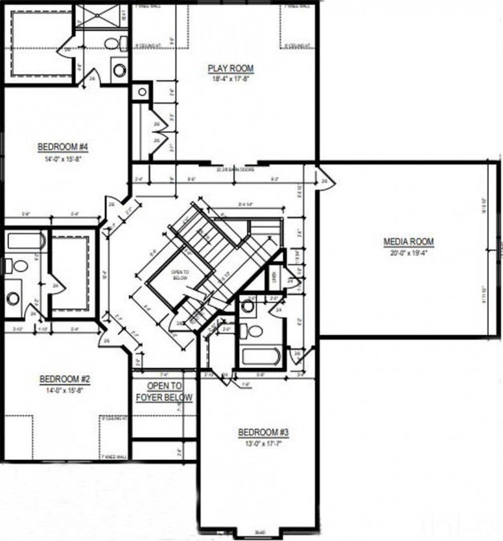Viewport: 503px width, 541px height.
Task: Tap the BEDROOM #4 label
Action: coord(62,147)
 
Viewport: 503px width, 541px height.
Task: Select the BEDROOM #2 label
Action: coord(63,378)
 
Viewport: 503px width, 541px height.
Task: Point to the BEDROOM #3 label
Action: coord(263,433)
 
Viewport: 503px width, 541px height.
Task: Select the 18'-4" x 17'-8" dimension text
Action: coord(231,79)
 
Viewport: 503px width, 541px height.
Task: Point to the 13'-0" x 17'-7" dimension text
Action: coord(263,443)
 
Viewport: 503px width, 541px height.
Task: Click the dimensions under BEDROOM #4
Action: coord(62,158)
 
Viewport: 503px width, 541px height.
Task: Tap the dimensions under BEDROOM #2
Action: coord(63,390)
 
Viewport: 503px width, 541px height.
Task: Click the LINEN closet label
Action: coord(274,279)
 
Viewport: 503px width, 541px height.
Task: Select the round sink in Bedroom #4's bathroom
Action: coord(120,71)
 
